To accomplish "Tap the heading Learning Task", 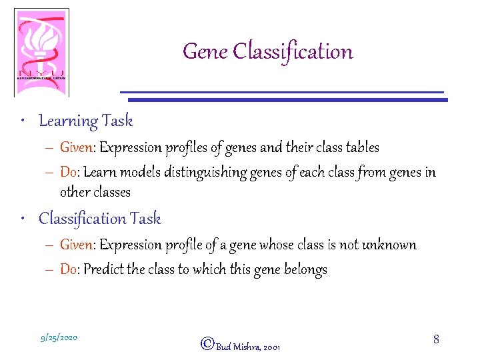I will tap(85, 121).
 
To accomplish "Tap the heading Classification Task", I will tap(99, 218).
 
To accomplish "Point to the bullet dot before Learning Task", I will tap(23, 121).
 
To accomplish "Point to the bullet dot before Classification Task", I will tap(23, 218).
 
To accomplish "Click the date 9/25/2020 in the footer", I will tap(59, 337).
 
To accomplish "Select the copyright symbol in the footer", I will tap(207, 343).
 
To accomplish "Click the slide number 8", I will tap(436, 339).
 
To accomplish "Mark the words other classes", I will tap(95, 192).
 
